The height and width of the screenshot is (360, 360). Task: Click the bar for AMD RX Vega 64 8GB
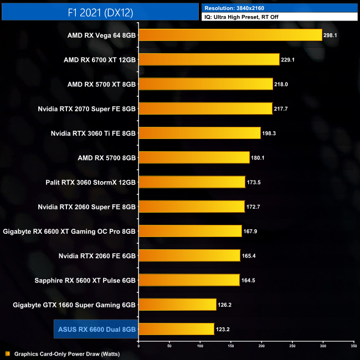pyautogui.click(x=230, y=35)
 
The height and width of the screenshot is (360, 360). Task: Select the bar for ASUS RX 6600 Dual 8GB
pyautogui.click(x=176, y=329)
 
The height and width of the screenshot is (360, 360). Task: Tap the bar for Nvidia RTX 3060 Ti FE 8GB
pyautogui.click(x=199, y=133)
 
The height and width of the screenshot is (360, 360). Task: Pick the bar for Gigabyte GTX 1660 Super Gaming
pyautogui.click(x=177, y=304)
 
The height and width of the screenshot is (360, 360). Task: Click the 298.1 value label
pyautogui.click(x=331, y=35)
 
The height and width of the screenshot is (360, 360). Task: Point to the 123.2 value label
pyautogui.click(x=223, y=329)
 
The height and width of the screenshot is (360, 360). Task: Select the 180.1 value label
pyautogui.click(x=258, y=158)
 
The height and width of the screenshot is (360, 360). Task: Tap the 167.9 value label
pyautogui.click(x=250, y=231)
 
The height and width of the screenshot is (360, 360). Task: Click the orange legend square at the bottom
pyautogui.click(x=7, y=353)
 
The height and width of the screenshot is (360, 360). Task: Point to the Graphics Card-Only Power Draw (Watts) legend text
pyautogui.click(x=66, y=353)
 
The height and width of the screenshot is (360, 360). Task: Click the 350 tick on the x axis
pyautogui.click(x=353, y=346)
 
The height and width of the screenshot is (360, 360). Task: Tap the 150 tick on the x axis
pyautogui.click(x=230, y=346)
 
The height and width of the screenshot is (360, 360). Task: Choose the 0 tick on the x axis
pyautogui.click(x=138, y=346)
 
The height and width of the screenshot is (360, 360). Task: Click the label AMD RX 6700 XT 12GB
pyautogui.click(x=100, y=60)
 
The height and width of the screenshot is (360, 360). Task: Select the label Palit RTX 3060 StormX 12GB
pyautogui.click(x=91, y=182)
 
